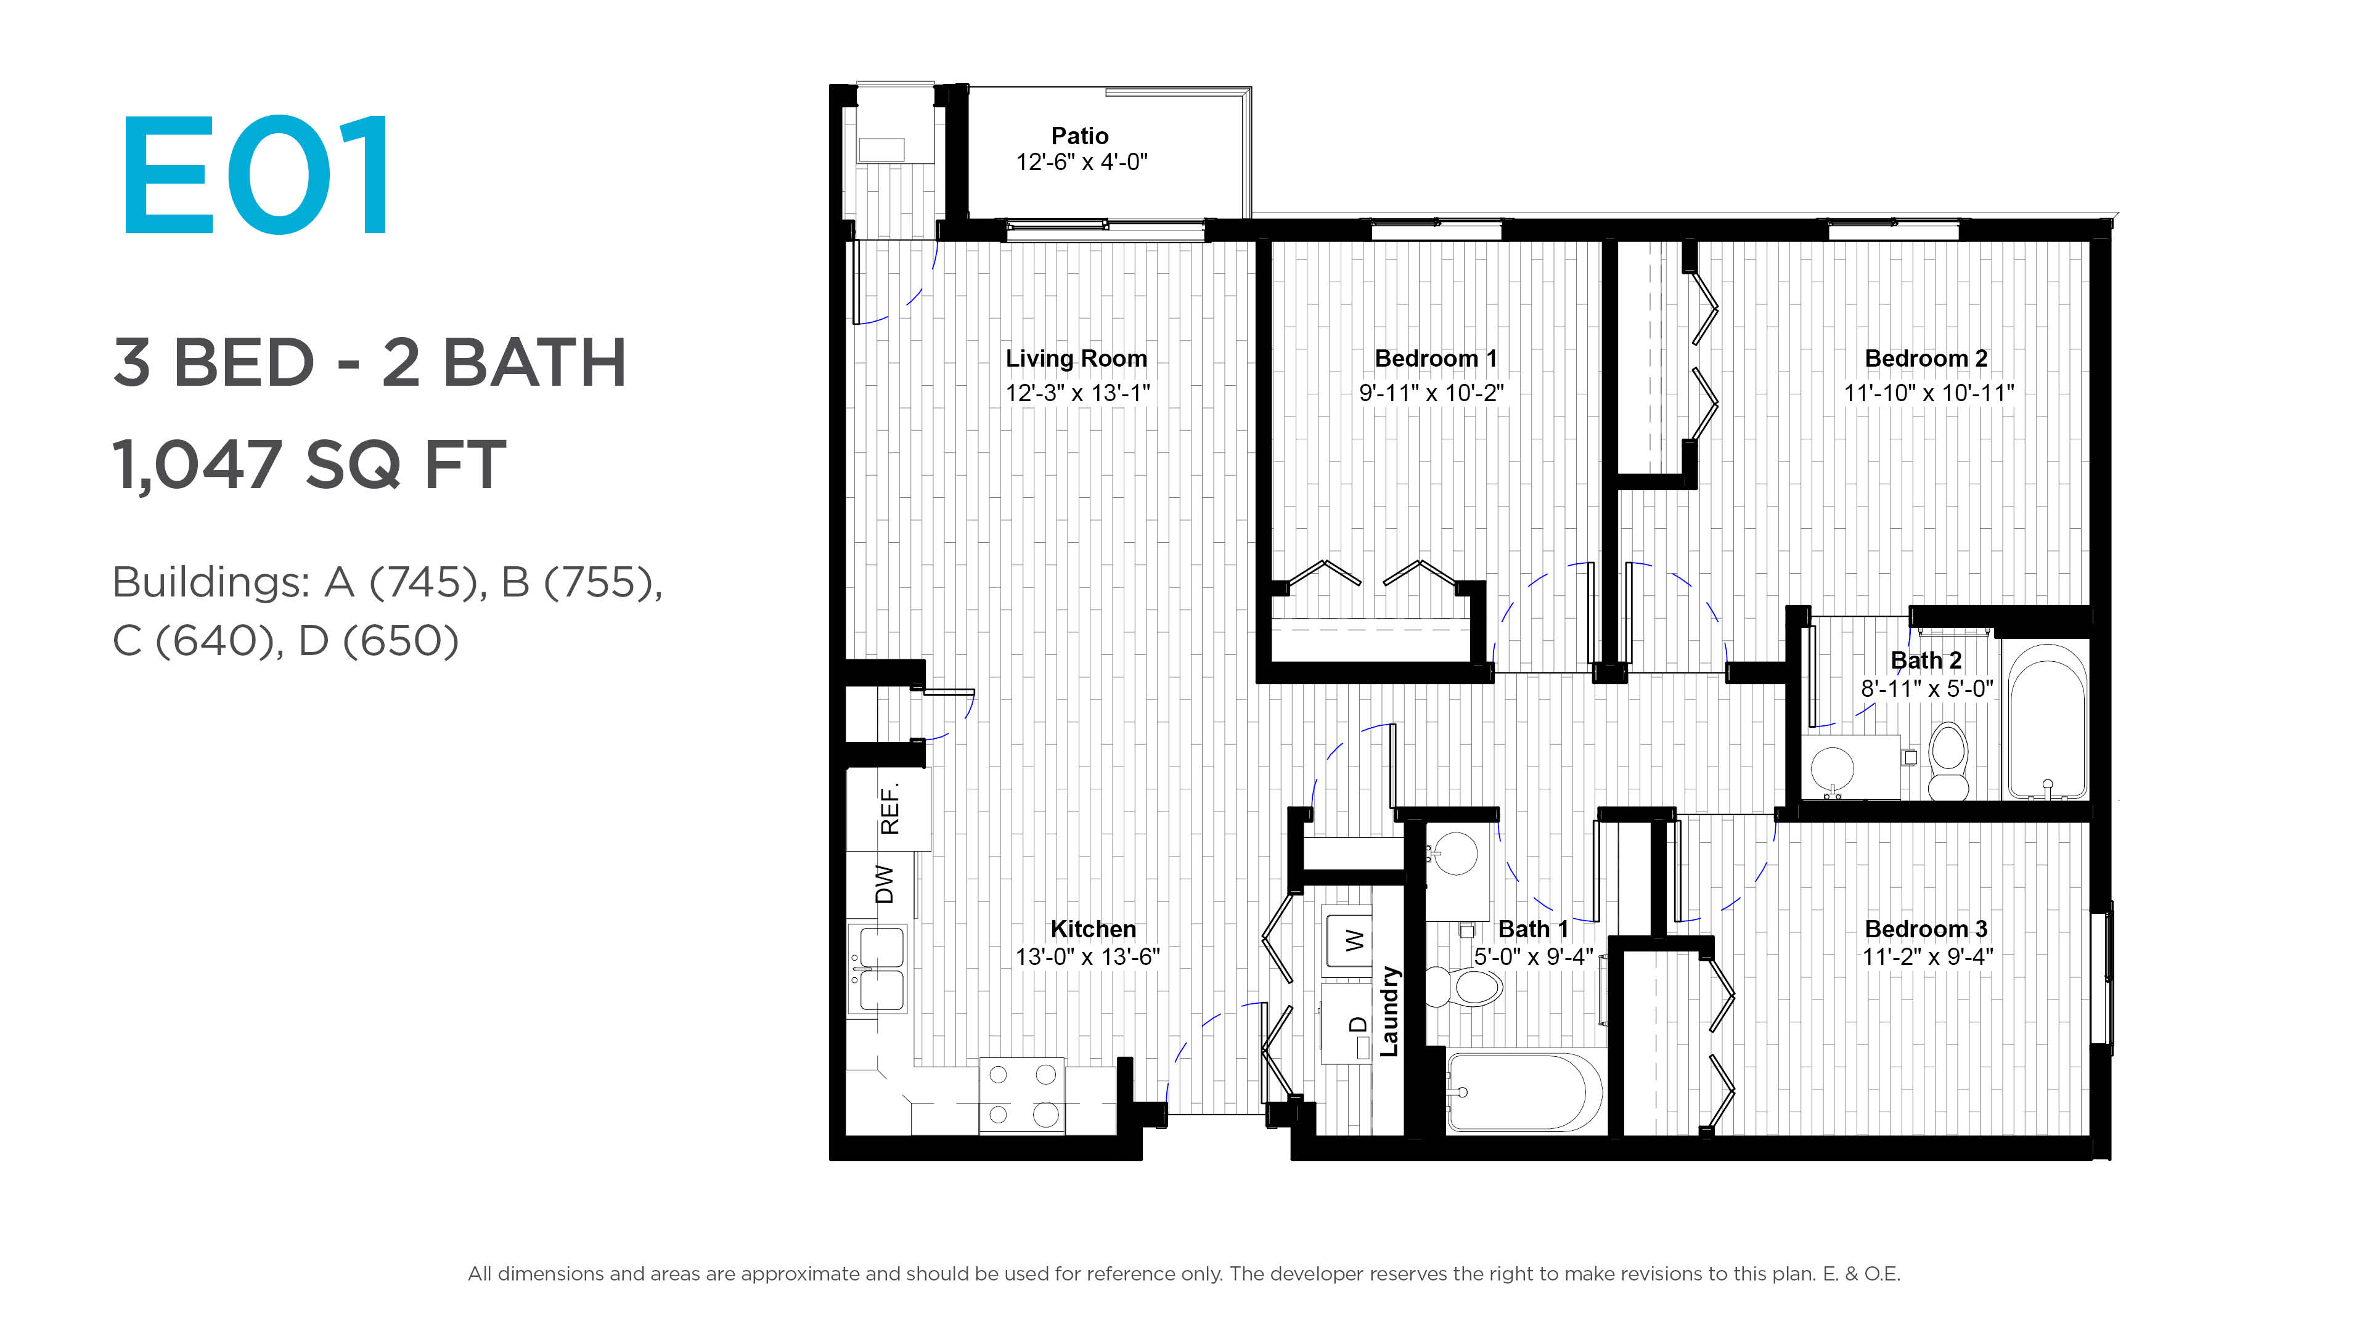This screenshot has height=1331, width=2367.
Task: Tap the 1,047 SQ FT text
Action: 309,464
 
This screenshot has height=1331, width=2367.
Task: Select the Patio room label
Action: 1080,136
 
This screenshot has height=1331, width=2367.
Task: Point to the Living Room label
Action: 1076,358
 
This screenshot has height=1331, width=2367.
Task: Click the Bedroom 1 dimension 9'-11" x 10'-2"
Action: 1431,393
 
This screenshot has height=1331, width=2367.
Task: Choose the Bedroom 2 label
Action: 1926,358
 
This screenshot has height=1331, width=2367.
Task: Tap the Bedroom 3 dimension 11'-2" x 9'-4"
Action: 1927,956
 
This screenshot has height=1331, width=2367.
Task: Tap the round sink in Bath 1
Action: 1455,853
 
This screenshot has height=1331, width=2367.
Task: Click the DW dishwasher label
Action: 884,885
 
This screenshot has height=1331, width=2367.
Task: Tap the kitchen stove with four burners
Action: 1022,1096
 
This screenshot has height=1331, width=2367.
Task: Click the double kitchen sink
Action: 880,969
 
